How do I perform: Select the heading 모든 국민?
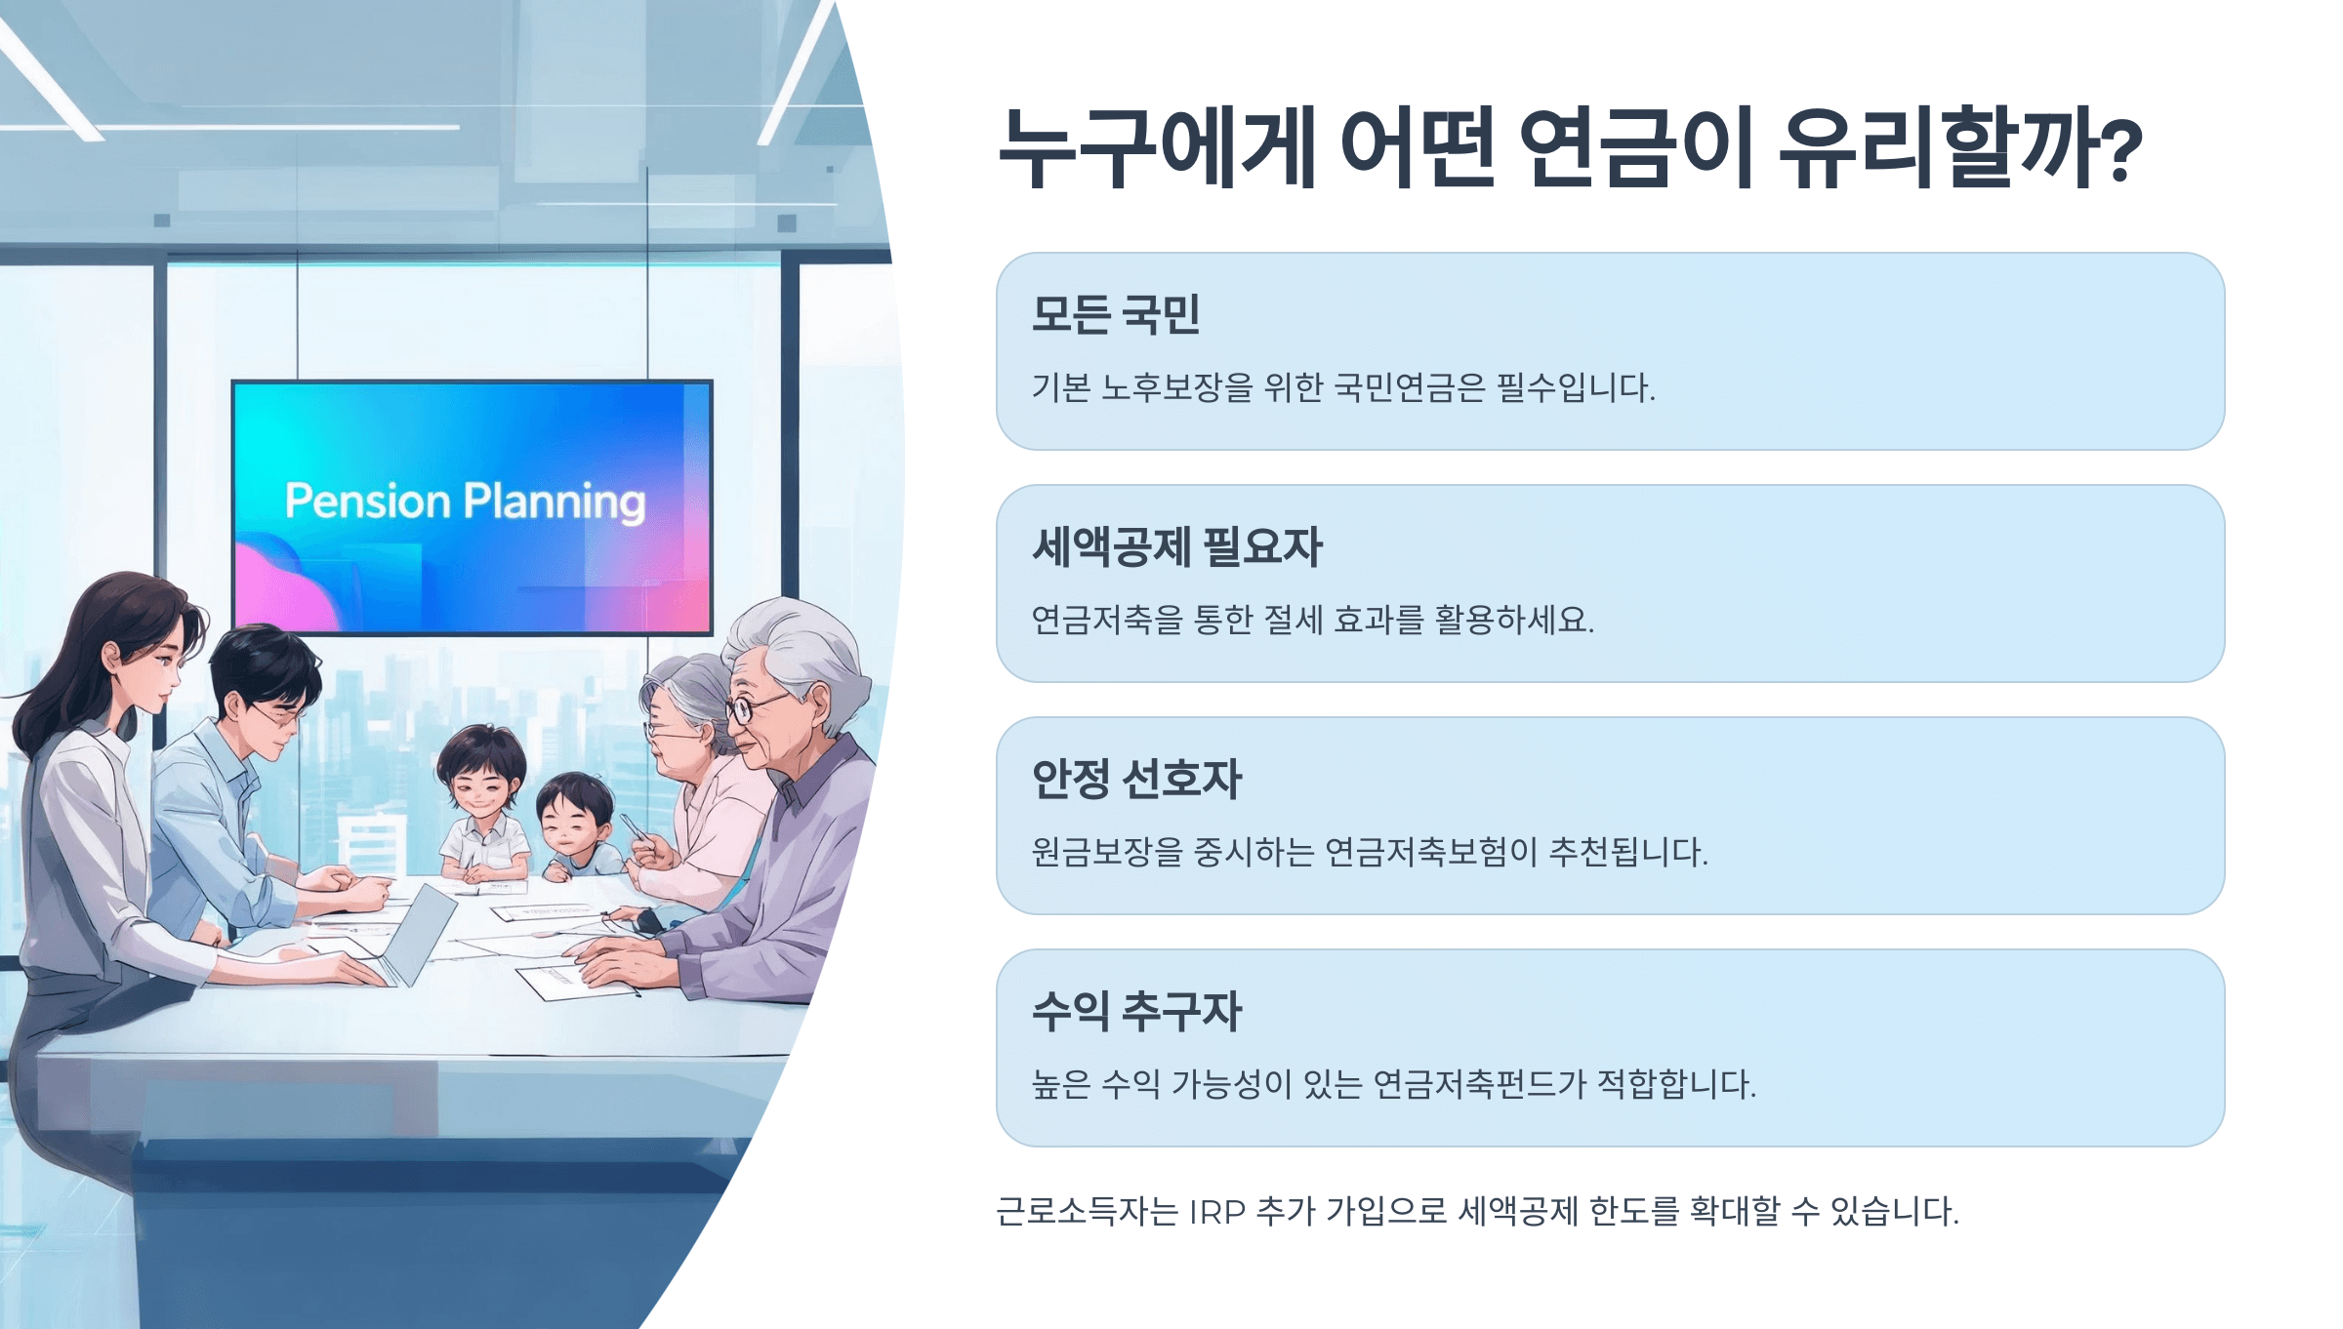point(1116,315)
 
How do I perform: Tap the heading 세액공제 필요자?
point(1177,546)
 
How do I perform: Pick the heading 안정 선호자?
point(1137,779)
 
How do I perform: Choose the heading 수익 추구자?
point(1137,1011)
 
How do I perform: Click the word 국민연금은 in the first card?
point(1409,387)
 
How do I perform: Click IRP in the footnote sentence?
point(1217,1213)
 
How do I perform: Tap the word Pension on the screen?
point(367,501)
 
